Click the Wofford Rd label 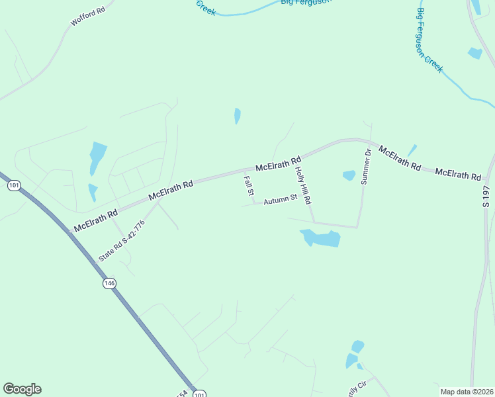(88, 17)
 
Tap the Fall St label (248, 186)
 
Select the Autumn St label (281, 199)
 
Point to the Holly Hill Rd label (302, 185)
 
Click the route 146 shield (109, 283)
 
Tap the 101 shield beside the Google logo (201, 392)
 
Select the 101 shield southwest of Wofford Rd (14, 185)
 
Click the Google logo (22, 389)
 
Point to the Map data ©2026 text (467, 392)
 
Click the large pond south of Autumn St (322, 238)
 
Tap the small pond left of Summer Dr (349, 175)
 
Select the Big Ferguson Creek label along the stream (429, 40)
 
